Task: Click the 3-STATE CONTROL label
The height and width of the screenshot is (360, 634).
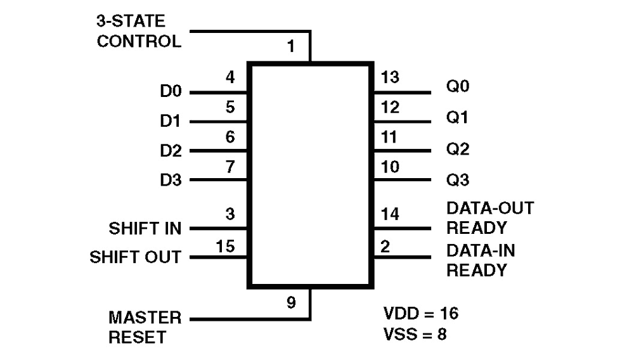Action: click(x=139, y=32)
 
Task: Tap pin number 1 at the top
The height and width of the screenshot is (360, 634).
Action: click(x=290, y=47)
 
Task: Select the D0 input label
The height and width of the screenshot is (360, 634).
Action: click(x=171, y=92)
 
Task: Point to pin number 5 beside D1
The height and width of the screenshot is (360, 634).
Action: click(x=230, y=108)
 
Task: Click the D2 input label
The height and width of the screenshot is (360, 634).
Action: click(x=171, y=151)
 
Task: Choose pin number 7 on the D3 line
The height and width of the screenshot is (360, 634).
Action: click(x=230, y=167)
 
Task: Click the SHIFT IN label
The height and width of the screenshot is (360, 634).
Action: click(x=145, y=228)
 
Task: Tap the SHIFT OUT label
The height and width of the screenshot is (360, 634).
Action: click(x=135, y=257)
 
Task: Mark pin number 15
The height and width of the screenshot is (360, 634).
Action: click(x=226, y=245)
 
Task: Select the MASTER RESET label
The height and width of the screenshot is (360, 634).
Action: click(x=145, y=327)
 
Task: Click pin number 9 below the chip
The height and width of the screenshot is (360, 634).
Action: click(x=290, y=303)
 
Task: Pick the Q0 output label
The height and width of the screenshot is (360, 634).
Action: click(x=458, y=86)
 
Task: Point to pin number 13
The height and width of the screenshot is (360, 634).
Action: click(x=391, y=78)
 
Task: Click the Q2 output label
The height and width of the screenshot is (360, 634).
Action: click(x=458, y=150)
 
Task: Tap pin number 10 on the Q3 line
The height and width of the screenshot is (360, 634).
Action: click(x=391, y=167)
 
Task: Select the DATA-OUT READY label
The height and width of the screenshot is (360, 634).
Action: click(x=481, y=217)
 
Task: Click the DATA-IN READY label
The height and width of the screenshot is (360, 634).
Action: click(x=481, y=260)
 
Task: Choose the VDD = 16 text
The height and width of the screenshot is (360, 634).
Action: click(x=421, y=313)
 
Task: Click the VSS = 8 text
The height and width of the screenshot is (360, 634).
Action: click(x=415, y=334)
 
